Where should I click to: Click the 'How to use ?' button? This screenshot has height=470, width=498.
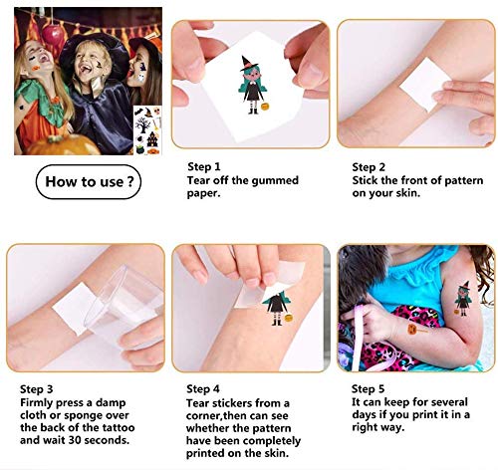tap(88, 182)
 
